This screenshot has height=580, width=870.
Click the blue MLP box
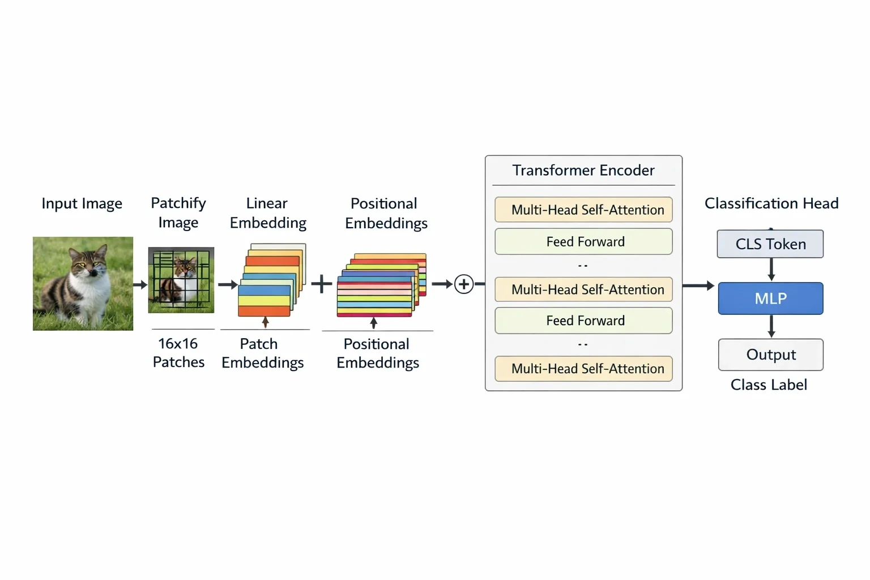pos(770,298)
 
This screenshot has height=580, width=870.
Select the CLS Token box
pos(770,244)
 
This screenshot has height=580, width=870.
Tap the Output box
pos(771,355)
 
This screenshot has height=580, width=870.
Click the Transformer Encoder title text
pos(583,170)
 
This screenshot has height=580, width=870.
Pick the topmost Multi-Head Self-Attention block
pos(583,210)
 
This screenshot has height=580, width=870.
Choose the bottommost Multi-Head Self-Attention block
pos(583,369)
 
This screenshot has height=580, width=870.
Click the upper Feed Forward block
pos(583,242)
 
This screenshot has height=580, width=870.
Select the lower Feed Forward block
pos(583,321)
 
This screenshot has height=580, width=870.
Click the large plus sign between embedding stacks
pos(322,284)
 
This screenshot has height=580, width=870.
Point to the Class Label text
pos(769,385)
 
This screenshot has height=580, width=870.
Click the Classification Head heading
pos(771,203)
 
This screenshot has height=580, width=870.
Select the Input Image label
pos(82,203)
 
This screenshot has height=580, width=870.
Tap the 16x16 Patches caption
pos(178,353)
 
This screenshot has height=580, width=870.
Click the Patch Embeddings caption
pos(263,353)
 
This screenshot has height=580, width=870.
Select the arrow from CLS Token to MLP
pos(771,269)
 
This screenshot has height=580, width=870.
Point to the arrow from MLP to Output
pos(771,326)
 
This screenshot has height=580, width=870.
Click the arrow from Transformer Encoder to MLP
pos(698,286)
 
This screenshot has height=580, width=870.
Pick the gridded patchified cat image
pos(181,280)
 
